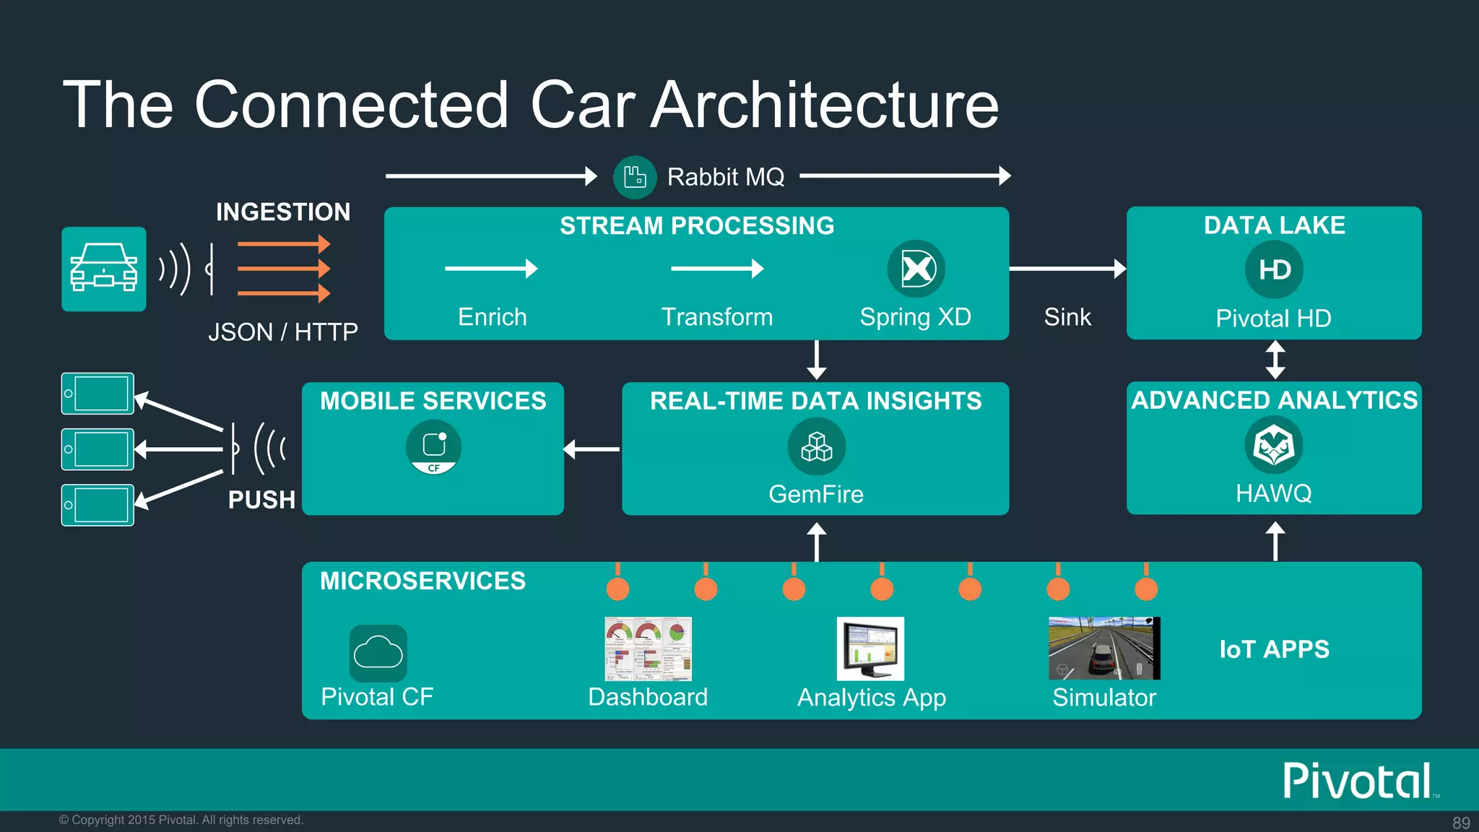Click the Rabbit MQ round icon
[634, 177]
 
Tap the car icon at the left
[104, 269]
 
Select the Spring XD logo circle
[916, 269]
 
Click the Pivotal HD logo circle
[1274, 269]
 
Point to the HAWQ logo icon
[1274, 446]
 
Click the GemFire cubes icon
[816, 446]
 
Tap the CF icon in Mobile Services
[433, 447]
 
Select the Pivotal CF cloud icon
[378, 653]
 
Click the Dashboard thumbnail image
[648, 649]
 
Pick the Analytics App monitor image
[870, 649]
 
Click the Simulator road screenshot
[1103, 648]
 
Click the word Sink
[1067, 317]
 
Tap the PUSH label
[261, 500]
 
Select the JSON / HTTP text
[283, 332]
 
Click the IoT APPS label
[1274, 649]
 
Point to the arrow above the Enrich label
[491, 269]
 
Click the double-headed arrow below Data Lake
[1275, 360]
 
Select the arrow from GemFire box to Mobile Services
[592, 449]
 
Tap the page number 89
[1461, 823]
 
